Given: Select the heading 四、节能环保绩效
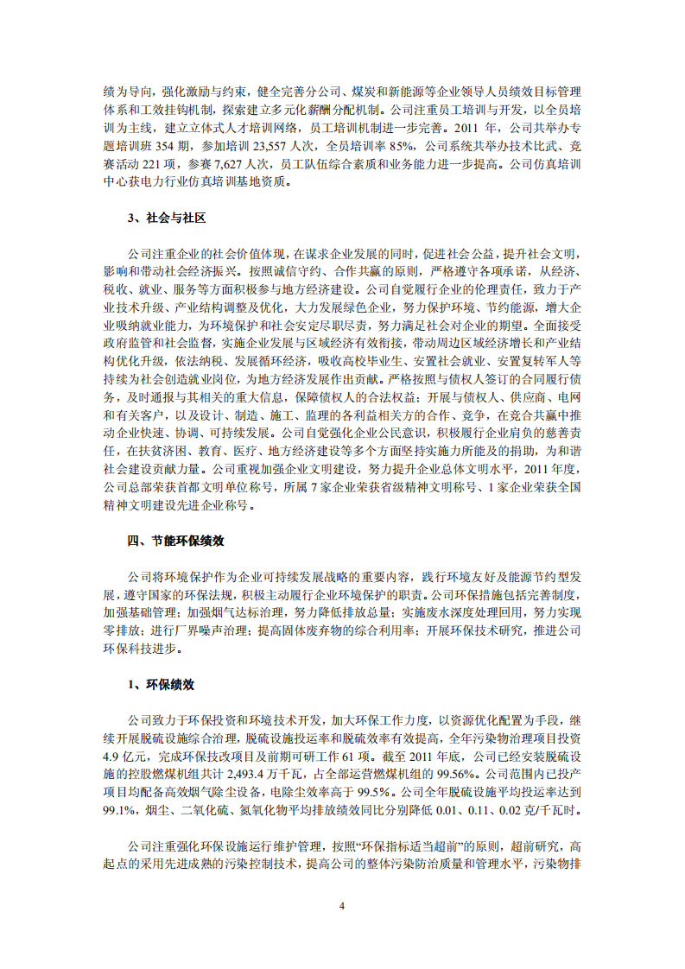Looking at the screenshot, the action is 175,541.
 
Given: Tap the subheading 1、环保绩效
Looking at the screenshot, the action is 161,684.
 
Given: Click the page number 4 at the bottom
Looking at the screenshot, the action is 342,905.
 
